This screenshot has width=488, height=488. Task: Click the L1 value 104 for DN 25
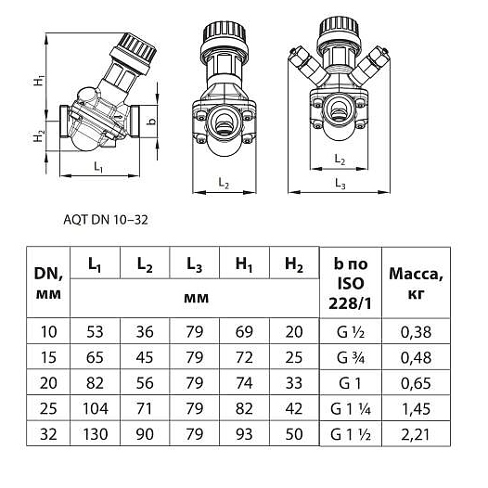click(96, 408)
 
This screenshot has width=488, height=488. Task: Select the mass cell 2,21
click(416, 434)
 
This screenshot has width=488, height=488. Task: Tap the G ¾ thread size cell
click(351, 357)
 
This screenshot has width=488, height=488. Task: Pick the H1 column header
click(244, 264)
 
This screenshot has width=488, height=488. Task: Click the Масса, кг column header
click(417, 283)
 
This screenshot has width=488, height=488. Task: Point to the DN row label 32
click(48, 434)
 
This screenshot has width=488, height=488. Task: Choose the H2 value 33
click(294, 383)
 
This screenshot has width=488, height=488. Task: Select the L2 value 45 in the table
click(145, 357)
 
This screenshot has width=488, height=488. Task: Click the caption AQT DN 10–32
click(106, 220)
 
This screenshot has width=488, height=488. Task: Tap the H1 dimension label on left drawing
click(39, 80)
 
